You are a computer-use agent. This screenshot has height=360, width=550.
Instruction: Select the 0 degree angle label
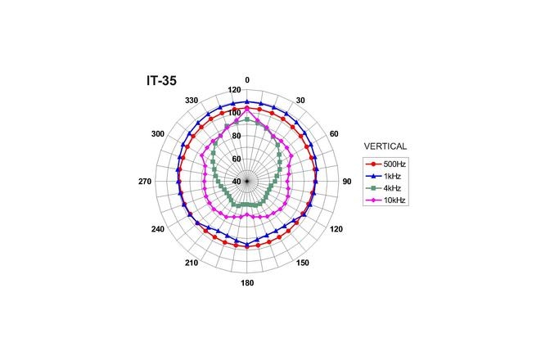click(247, 80)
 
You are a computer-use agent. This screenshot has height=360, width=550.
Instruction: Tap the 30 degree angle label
click(300, 100)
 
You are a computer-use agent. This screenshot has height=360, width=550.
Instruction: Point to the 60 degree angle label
click(333, 133)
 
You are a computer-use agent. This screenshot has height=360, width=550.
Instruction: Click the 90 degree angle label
click(346, 182)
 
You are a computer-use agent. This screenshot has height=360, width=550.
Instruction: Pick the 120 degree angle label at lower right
click(336, 229)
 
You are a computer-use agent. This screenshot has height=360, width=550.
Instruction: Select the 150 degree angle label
click(302, 263)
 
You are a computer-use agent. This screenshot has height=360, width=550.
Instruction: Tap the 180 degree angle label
click(247, 283)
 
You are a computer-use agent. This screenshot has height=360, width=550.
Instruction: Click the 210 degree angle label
click(192, 263)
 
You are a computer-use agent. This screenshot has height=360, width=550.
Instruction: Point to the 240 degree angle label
click(158, 229)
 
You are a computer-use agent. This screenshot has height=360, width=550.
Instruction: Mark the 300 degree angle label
click(158, 133)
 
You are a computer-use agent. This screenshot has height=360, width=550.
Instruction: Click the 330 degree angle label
click(193, 100)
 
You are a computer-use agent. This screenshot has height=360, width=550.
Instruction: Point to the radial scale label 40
click(237, 182)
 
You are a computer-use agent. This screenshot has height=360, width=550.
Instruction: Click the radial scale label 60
click(237, 159)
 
